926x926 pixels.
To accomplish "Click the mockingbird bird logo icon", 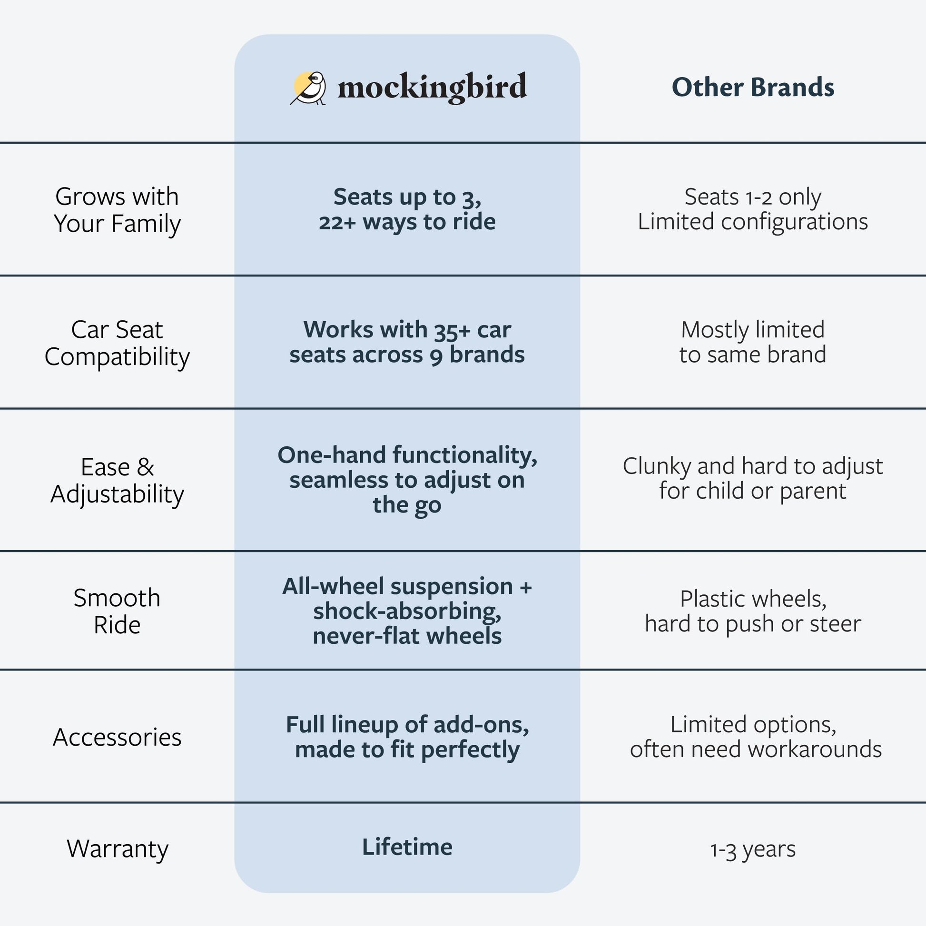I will click(x=309, y=88).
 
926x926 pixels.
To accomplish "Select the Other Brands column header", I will click(x=752, y=88).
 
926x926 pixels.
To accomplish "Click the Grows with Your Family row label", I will click(x=117, y=210).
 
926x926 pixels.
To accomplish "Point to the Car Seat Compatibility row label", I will click(x=117, y=343).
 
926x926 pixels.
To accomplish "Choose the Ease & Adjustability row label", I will click(x=117, y=480).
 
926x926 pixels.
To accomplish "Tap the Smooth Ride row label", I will click(x=117, y=611).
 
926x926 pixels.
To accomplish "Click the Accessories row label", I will click(x=117, y=737).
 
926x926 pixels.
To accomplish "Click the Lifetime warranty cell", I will click(x=407, y=847).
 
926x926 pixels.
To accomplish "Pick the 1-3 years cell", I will click(x=752, y=849).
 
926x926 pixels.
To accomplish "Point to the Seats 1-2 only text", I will click(x=752, y=197).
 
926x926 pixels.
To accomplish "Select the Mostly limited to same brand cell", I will click(x=752, y=342).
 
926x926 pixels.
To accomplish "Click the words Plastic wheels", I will click(x=752, y=599).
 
